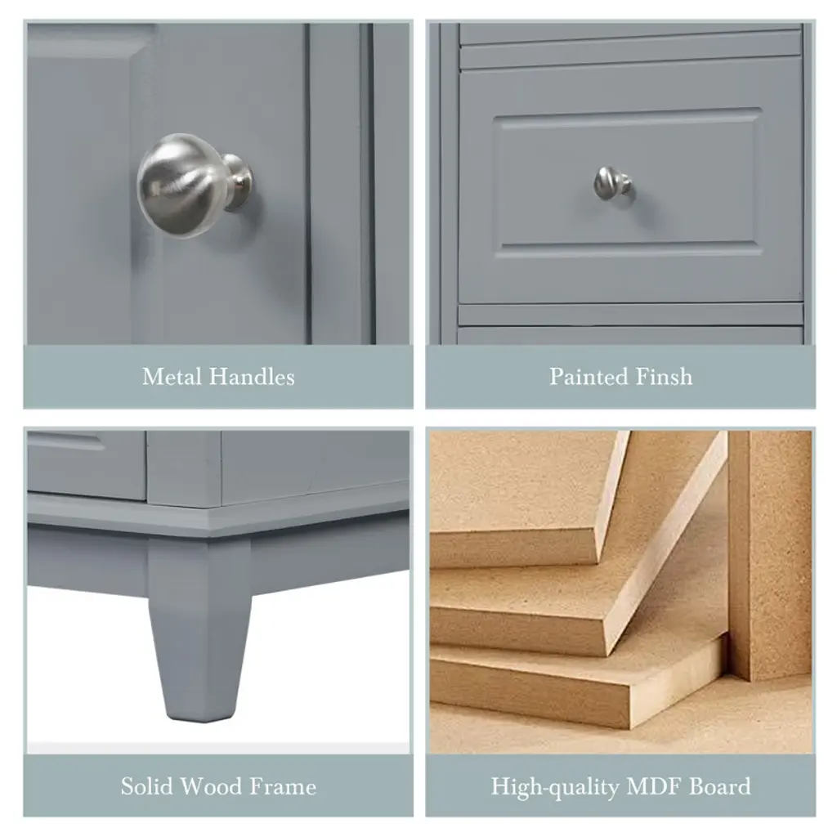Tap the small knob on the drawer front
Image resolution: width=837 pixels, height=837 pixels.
click(612, 184)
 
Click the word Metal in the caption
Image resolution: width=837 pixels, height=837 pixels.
click(172, 377)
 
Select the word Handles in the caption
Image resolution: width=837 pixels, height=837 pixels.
click(252, 377)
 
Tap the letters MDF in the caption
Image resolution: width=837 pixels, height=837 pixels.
click(654, 786)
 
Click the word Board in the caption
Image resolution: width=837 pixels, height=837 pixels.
click(719, 786)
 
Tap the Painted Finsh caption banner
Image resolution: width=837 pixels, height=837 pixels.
click(620, 377)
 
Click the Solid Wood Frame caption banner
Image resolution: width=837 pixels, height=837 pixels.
click(218, 786)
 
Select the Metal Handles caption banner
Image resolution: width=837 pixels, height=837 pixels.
click(218, 377)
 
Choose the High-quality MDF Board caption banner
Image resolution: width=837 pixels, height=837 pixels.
click(620, 786)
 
